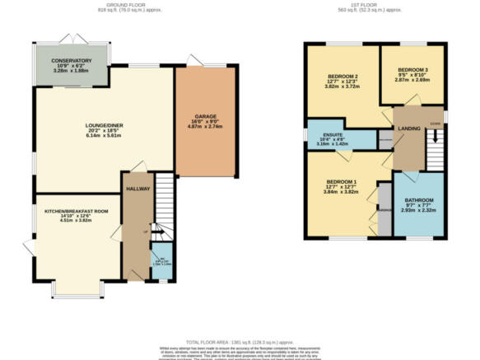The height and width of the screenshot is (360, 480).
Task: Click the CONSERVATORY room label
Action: coord(71,61)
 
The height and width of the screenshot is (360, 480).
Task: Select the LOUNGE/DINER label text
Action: coord(104,125)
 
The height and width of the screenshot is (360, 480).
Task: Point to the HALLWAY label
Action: coord(136,189)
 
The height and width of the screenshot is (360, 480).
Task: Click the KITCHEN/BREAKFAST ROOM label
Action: coord(77,211)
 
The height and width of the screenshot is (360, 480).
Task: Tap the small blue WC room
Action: coord(161,262)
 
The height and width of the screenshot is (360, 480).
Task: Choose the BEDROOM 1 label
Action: coord(341,181)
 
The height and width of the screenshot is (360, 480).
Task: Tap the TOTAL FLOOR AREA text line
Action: coord(240,341)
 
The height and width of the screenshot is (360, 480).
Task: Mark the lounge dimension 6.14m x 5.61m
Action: coord(104,137)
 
